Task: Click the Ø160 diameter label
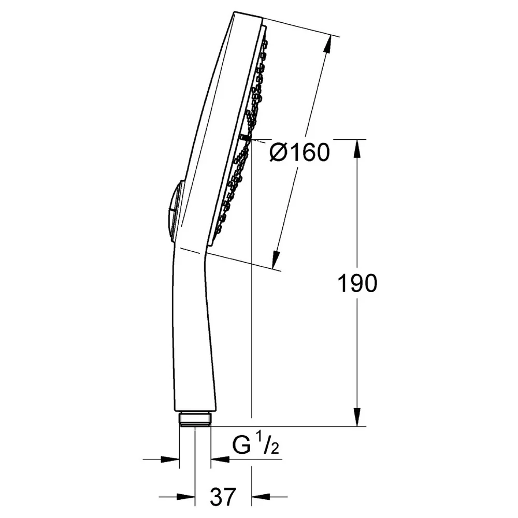[299, 152]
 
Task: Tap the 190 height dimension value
[357, 283]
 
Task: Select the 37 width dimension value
[223, 496]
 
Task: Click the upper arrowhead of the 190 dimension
[357, 149]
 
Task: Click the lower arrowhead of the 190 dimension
[357, 417]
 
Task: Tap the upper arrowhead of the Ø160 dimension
[327, 44]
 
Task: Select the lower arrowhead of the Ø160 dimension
[275, 259]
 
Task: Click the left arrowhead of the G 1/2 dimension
[170, 459]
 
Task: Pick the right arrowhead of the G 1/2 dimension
[220, 459]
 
